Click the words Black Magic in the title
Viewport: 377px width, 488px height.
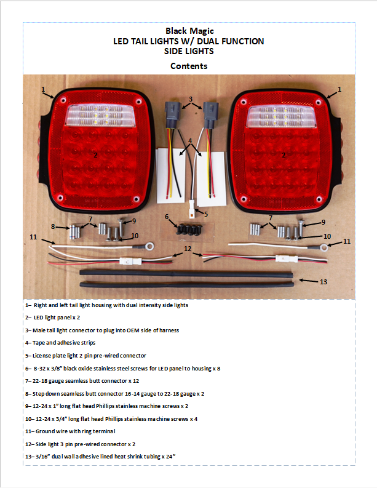[x=189, y=31]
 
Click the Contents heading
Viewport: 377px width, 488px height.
[x=189, y=66]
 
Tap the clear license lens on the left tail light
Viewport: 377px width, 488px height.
[x=100, y=115]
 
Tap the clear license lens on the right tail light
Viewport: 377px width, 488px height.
[x=281, y=116]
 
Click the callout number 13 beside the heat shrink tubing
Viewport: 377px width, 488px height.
[x=323, y=282]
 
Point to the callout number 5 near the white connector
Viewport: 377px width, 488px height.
[x=206, y=214]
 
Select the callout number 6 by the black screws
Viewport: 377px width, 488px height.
[x=167, y=217]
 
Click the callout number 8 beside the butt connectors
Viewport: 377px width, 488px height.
[x=53, y=226]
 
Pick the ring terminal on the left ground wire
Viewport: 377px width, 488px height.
[x=150, y=247]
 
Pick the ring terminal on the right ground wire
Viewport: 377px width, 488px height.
[x=324, y=248]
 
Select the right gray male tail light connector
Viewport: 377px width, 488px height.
[x=210, y=115]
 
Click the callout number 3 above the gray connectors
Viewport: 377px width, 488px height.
[x=191, y=99]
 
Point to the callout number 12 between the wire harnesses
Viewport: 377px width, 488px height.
[x=188, y=249]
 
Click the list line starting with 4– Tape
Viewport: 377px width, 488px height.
[x=60, y=343]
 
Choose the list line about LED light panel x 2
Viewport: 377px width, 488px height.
[x=52, y=318]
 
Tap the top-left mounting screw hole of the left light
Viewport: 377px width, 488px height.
[x=63, y=100]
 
